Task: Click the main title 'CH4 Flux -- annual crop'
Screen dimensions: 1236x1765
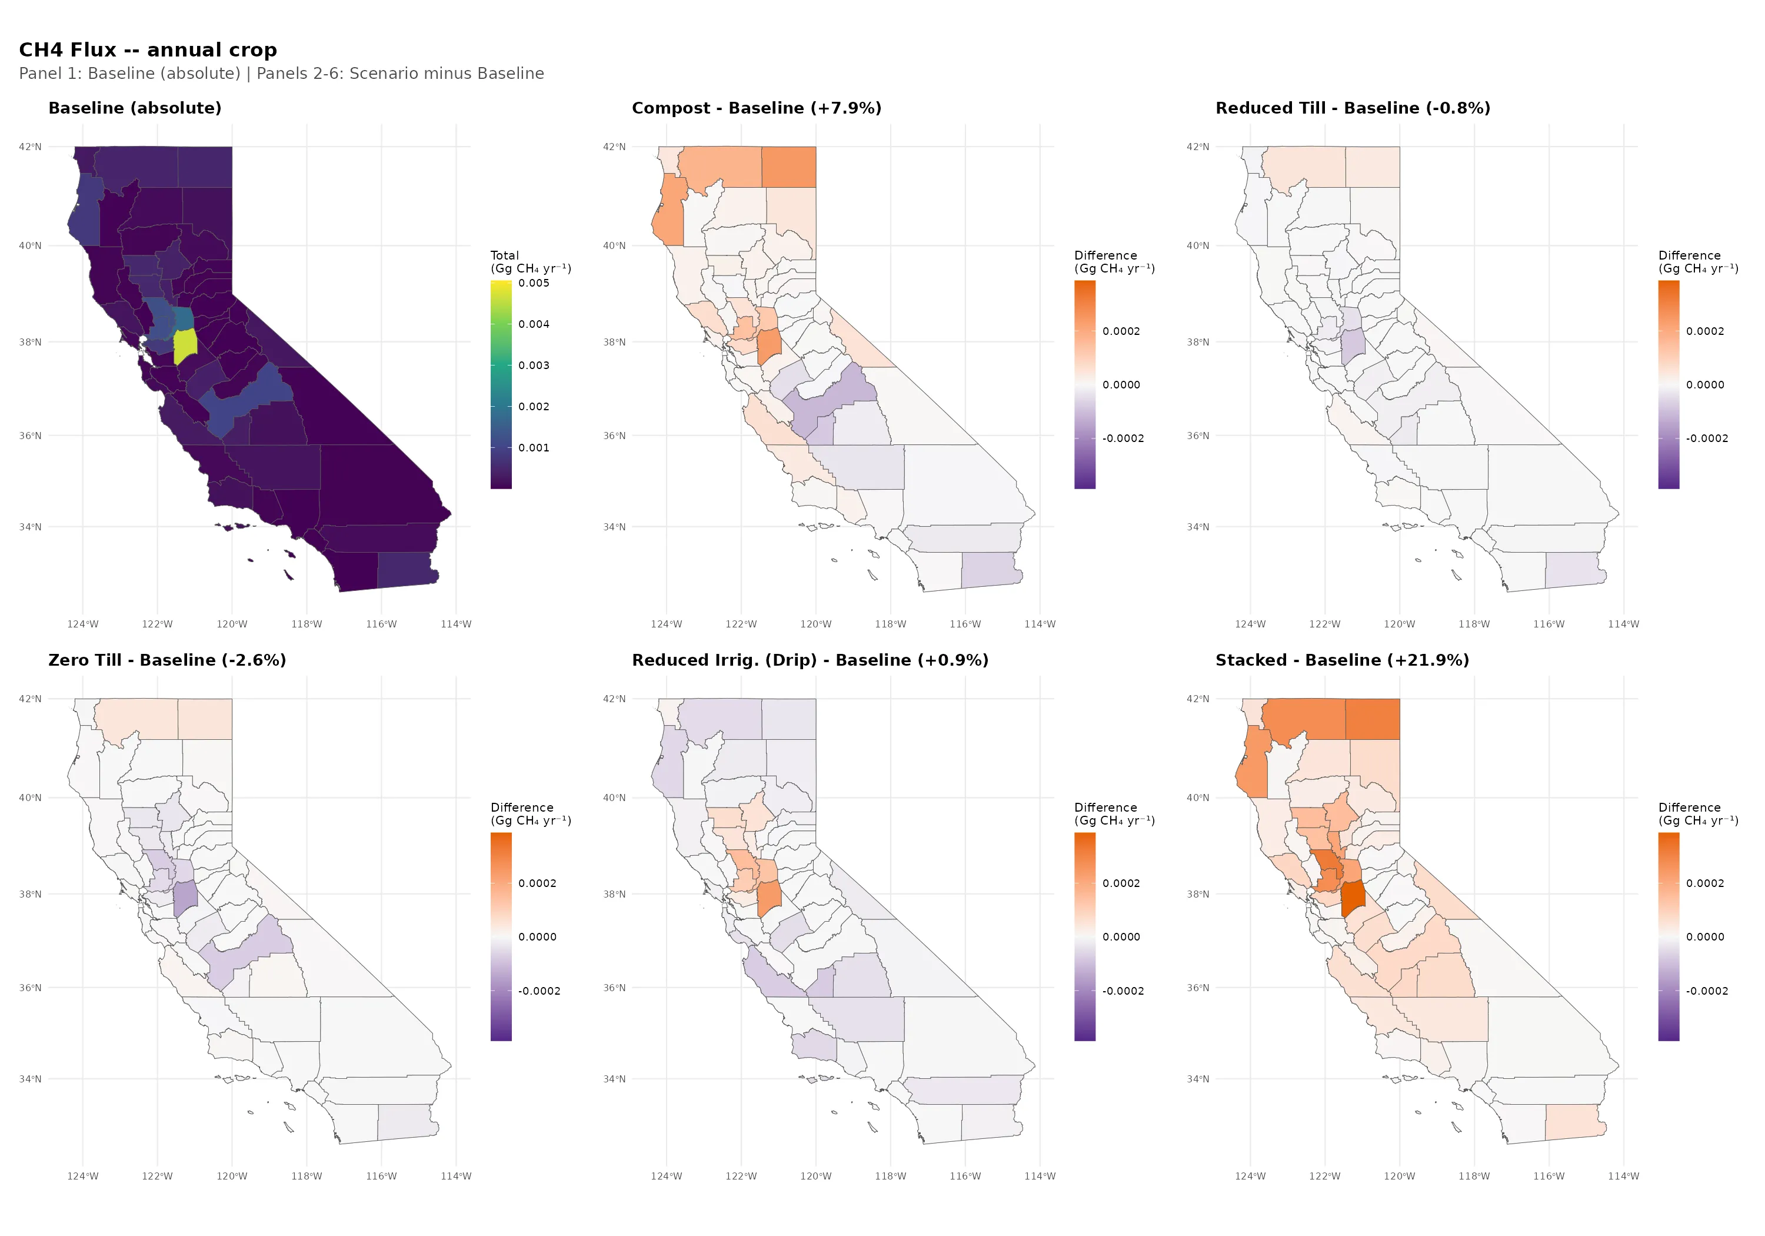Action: [148, 50]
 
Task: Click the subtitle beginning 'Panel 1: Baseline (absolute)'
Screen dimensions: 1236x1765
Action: [281, 74]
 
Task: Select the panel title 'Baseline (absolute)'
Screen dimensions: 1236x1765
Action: [135, 108]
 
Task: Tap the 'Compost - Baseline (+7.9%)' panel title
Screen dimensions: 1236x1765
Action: [757, 108]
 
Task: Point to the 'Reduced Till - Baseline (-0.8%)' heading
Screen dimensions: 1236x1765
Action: [1352, 108]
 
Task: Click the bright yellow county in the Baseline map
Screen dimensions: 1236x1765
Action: [185, 346]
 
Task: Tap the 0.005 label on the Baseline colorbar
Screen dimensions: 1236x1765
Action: [534, 284]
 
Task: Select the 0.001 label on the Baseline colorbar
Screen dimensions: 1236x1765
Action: [534, 448]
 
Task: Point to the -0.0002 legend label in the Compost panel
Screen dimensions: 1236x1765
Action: [1123, 439]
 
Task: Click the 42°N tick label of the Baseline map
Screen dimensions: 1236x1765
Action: [30, 147]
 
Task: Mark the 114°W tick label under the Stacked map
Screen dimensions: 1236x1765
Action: [1623, 1176]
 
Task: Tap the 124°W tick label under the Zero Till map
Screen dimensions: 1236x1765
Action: [82, 1176]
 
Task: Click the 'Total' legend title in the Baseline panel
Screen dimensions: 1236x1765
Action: [504, 255]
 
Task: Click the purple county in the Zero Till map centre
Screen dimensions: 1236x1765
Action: [185, 898]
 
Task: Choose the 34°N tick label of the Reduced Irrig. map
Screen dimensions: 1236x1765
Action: [614, 1079]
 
